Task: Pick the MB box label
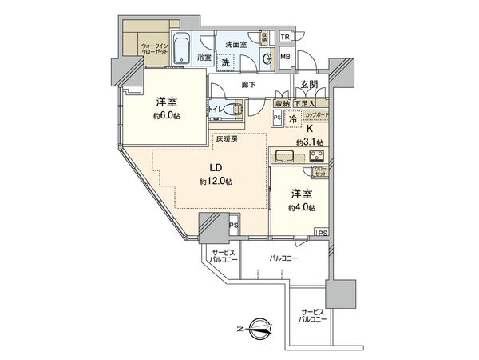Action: [285, 56]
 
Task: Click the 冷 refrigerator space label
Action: [293, 118]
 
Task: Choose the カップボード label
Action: [316, 115]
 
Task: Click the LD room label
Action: [216, 169]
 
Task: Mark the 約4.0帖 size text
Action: [303, 206]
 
